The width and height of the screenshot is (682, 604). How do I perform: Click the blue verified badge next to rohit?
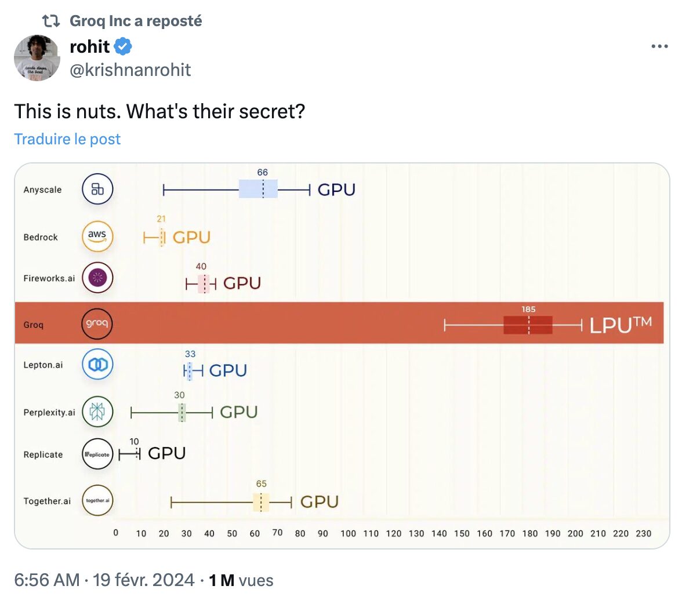pyautogui.click(x=123, y=46)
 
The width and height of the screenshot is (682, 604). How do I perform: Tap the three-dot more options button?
pyautogui.click(x=659, y=46)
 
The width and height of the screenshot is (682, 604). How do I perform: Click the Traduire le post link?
pyautogui.click(x=67, y=139)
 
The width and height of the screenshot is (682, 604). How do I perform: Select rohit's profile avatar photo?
pyautogui.click(x=37, y=58)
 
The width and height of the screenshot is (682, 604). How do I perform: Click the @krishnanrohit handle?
pyautogui.click(x=130, y=70)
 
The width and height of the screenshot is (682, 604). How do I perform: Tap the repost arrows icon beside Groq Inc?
pyautogui.click(x=51, y=20)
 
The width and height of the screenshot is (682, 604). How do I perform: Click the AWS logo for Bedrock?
pyautogui.click(x=97, y=236)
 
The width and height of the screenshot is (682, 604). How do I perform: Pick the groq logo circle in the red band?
pyautogui.click(x=97, y=323)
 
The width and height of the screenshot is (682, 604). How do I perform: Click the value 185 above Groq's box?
pyautogui.click(x=528, y=309)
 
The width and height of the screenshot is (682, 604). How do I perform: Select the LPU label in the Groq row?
pyautogui.click(x=621, y=325)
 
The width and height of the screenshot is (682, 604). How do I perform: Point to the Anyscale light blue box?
pyautogui.click(x=259, y=189)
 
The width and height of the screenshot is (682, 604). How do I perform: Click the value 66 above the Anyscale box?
pyautogui.click(x=262, y=172)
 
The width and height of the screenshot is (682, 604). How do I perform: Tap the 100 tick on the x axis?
pyautogui.click(x=348, y=533)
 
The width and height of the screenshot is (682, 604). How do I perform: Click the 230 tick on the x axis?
pyautogui.click(x=643, y=533)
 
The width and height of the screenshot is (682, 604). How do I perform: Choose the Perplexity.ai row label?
pyautogui.click(x=49, y=412)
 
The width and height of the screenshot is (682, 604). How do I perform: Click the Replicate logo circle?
pyautogui.click(x=97, y=454)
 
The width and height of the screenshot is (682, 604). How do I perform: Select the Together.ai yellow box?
pyautogui.click(x=261, y=502)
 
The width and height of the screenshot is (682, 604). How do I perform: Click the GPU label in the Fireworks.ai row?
pyautogui.click(x=242, y=283)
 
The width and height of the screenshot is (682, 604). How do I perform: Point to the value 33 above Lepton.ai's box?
pyautogui.click(x=190, y=354)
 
